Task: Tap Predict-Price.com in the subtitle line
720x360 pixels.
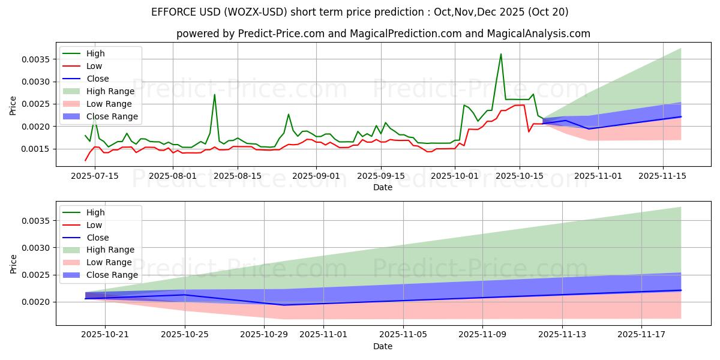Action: [285, 34]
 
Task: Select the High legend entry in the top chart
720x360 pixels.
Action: [95, 53]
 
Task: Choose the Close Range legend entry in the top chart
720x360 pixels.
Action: [112, 116]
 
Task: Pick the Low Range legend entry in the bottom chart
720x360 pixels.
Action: [109, 262]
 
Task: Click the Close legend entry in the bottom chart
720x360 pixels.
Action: [98, 238]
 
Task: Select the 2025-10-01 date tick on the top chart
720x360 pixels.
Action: [454, 175]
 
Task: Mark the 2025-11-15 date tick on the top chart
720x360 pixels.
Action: [662, 175]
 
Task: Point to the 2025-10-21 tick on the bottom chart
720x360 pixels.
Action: [105, 334]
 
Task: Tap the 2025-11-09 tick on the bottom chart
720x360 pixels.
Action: [482, 334]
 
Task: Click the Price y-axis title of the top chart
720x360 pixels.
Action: [13, 105]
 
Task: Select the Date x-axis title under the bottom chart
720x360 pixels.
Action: [383, 346]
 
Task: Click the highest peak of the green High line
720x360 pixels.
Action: [501, 54]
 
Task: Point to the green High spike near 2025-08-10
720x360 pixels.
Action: [214, 95]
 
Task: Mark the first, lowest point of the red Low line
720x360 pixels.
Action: [85, 160]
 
